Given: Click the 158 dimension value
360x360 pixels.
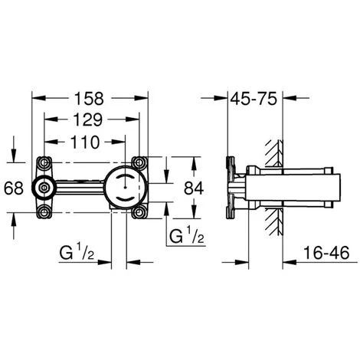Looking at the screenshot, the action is click(89, 99).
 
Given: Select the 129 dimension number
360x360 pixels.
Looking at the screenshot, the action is click(87, 119).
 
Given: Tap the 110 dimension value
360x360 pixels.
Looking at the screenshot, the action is click(84, 142).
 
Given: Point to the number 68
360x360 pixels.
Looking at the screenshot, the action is click(14, 188).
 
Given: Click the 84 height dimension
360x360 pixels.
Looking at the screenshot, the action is click(194, 188).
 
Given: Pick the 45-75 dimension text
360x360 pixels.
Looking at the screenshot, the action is click(254, 99).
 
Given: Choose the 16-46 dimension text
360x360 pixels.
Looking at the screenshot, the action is click(326, 253).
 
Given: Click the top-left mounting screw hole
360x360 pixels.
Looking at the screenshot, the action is click(44, 162).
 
